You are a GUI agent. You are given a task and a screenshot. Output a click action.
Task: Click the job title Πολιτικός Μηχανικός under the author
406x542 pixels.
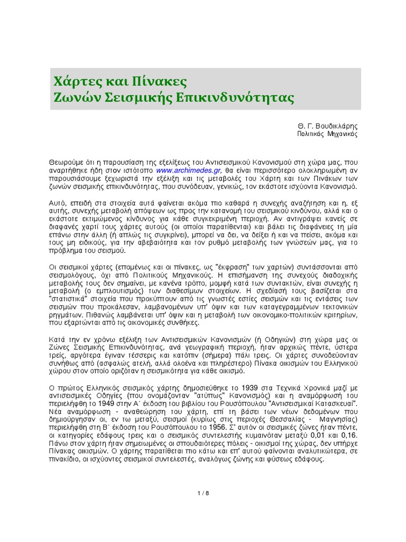(x=328, y=134)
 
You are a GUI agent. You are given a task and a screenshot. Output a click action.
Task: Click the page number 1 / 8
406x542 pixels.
(x=203, y=493)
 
